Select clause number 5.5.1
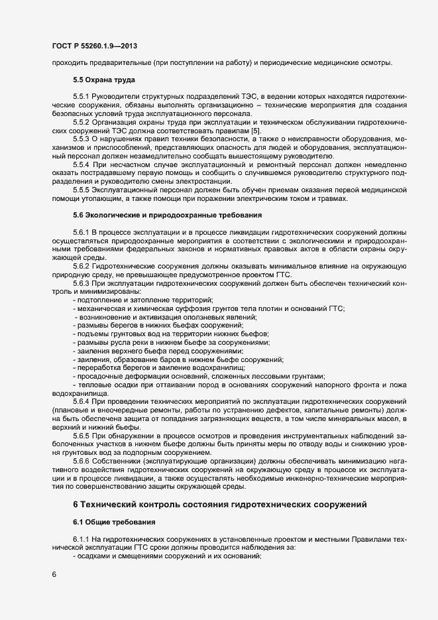point(82,97)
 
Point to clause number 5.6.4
point(82,404)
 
